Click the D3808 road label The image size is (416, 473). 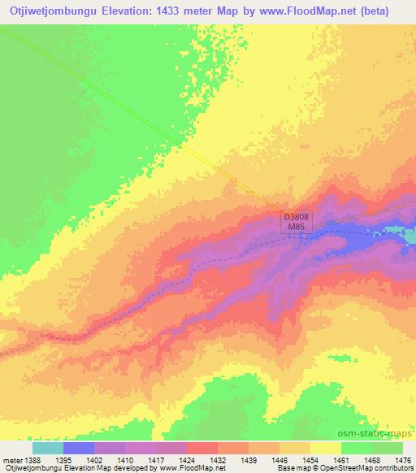click(297, 218)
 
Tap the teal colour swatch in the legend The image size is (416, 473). click(48, 448)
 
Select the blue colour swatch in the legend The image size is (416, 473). click(79, 448)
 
